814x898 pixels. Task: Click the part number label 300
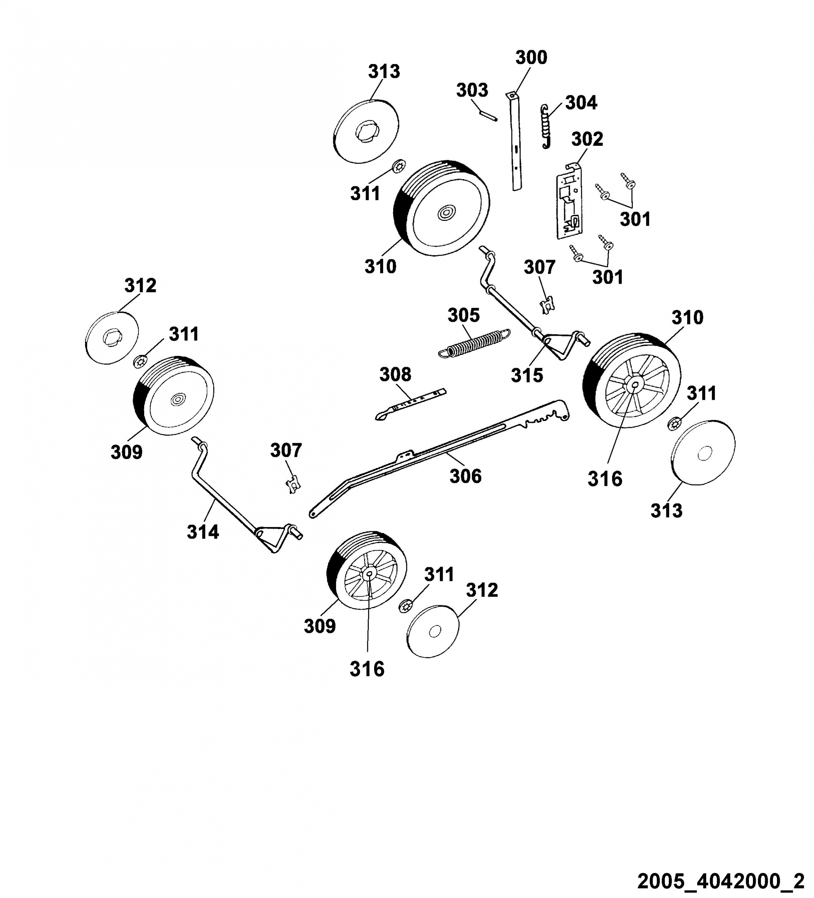(x=531, y=58)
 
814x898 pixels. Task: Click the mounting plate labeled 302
(x=569, y=200)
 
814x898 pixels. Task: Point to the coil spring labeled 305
(x=474, y=343)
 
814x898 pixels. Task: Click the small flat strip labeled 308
(x=410, y=404)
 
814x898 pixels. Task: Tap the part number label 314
(x=203, y=532)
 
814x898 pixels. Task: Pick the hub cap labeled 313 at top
(x=366, y=131)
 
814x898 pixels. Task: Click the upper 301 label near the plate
(x=635, y=219)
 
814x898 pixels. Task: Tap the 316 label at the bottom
(x=367, y=669)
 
